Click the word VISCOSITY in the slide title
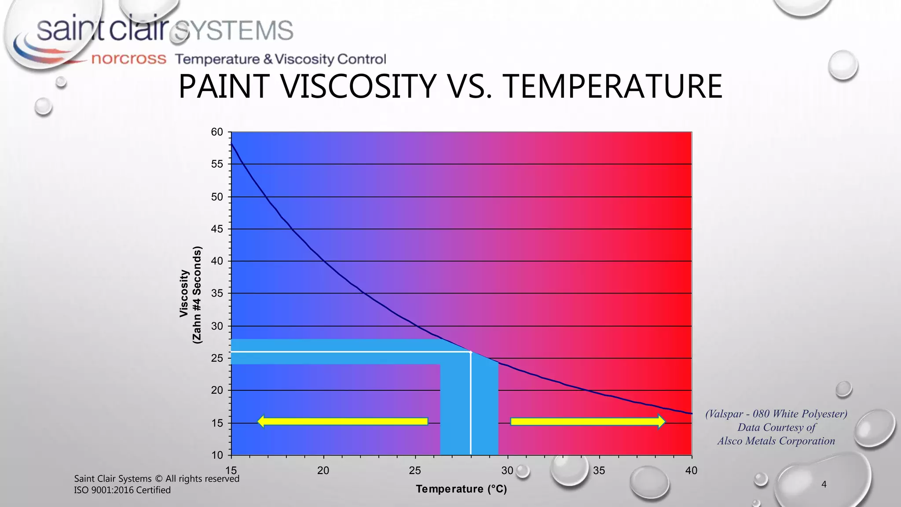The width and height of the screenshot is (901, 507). coord(359,86)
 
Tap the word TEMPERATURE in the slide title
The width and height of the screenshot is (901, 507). coord(612,86)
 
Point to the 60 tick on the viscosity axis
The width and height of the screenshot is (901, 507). coord(217,132)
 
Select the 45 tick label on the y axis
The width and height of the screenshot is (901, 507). coord(217,229)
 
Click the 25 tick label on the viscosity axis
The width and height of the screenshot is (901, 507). coord(217,358)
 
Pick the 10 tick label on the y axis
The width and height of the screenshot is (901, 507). coord(217,455)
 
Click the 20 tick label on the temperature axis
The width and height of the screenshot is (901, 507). coord(323,470)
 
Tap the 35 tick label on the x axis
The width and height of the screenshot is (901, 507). coord(599,470)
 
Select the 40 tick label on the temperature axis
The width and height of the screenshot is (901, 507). coord(691,470)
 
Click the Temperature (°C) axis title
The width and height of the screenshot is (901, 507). coord(461,489)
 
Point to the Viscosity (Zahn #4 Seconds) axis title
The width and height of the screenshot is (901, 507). coord(190,294)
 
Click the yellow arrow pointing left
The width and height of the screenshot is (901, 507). coord(342,421)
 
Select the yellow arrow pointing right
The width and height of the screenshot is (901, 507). coord(588,422)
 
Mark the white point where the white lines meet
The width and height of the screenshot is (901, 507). coord(471,352)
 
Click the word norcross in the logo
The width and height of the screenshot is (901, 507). coord(128,59)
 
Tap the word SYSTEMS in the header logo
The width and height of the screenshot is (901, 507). coord(233,31)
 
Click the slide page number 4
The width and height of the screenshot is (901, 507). coord(824,485)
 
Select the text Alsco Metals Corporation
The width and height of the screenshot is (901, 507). coord(776,441)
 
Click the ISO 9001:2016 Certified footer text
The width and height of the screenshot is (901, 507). coord(122,490)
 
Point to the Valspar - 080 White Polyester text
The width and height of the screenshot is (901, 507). coord(776,414)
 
